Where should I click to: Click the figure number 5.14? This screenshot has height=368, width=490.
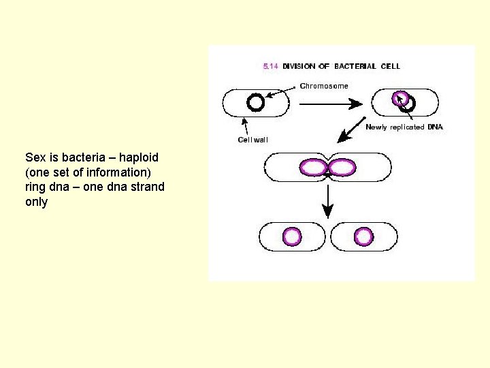point(270,66)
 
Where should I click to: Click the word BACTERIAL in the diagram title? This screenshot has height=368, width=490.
point(357,66)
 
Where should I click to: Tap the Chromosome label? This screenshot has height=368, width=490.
point(324,86)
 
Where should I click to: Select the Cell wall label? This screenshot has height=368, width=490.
point(252,140)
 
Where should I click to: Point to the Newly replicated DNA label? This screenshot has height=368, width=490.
point(404,127)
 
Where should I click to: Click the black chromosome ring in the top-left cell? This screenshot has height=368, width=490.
point(255,102)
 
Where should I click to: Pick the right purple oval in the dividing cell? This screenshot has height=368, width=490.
point(342,167)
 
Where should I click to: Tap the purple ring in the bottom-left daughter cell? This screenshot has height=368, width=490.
point(292,236)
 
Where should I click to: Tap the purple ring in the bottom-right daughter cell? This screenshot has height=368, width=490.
point(364,236)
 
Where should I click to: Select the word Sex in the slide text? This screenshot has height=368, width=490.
point(35,157)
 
